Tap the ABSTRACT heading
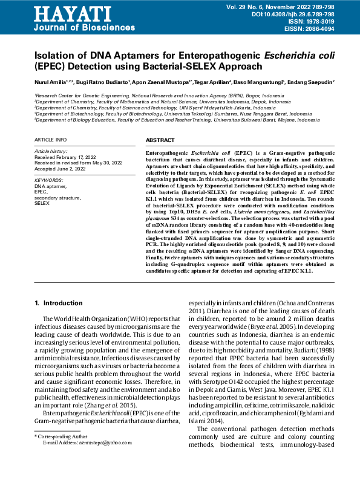(160, 140)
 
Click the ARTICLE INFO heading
(50, 140)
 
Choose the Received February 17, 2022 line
(65, 157)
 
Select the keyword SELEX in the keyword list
(42, 204)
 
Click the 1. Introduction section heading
(58, 302)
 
